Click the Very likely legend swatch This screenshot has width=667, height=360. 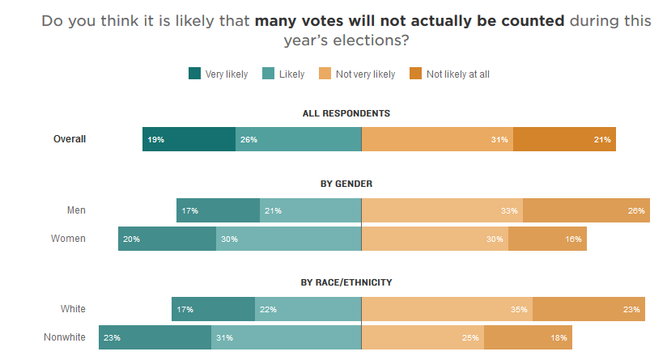pyautogui.click(x=194, y=74)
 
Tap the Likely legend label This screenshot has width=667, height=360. pyautogui.click(x=291, y=74)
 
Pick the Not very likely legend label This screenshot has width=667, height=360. pyautogui.click(x=365, y=74)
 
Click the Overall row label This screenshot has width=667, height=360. pyautogui.click(x=70, y=139)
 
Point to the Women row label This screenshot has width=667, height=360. pyautogui.click(x=68, y=239)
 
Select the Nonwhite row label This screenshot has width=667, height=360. pyautogui.click(x=65, y=337)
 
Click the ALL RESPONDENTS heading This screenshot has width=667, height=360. pyautogui.click(x=346, y=113)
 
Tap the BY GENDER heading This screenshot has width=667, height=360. pyautogui.click(x=346, y=184)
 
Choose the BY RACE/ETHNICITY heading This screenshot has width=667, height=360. pyautogui.click(x=346, y=282)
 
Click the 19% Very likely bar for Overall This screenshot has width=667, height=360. pyautogui.click(x=189, y=139)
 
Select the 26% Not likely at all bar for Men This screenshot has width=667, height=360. pyautogui.click(x=584, y=210)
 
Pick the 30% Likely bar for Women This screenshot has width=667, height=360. pyautogui.click(x=288, y=239)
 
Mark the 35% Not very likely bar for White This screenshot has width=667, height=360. pyautogui.click(x=447, y=309)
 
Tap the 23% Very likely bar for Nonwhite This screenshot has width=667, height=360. pyautogui.click(x=155, y=337)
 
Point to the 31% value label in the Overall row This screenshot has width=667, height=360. pyautogui.click(x=499, y=139)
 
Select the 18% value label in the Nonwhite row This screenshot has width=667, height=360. pyautogui.click(x=559, y=337)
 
